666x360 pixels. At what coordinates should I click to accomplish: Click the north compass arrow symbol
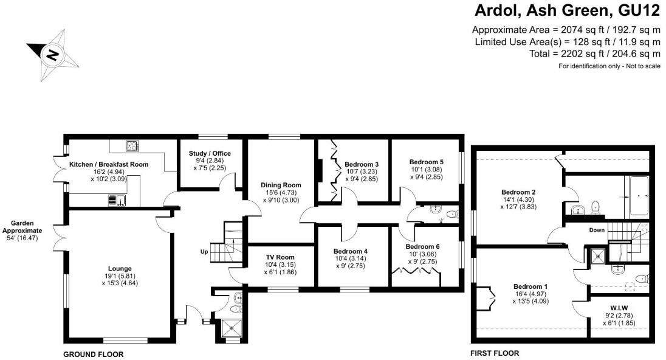click(x=53, y=54)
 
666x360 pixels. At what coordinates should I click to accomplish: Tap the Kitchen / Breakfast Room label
click(x=109, y=164)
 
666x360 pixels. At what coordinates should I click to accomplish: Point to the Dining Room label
click(x=281, y=185)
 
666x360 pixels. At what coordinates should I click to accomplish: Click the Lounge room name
click(x=120, y=268)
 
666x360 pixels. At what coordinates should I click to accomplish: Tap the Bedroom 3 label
click(x=362, y=164)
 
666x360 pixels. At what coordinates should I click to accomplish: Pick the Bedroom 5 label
click(x=427, y=162)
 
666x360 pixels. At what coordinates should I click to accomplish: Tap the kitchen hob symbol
click(x=131, y=146)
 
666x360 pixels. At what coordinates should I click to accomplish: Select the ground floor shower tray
click(x=229, y=328)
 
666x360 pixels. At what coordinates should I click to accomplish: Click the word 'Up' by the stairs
click(x=205, y=251)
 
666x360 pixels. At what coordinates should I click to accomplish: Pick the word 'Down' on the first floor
click(x=597, y=230)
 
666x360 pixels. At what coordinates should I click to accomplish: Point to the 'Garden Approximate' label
click(x=22, y=227)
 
